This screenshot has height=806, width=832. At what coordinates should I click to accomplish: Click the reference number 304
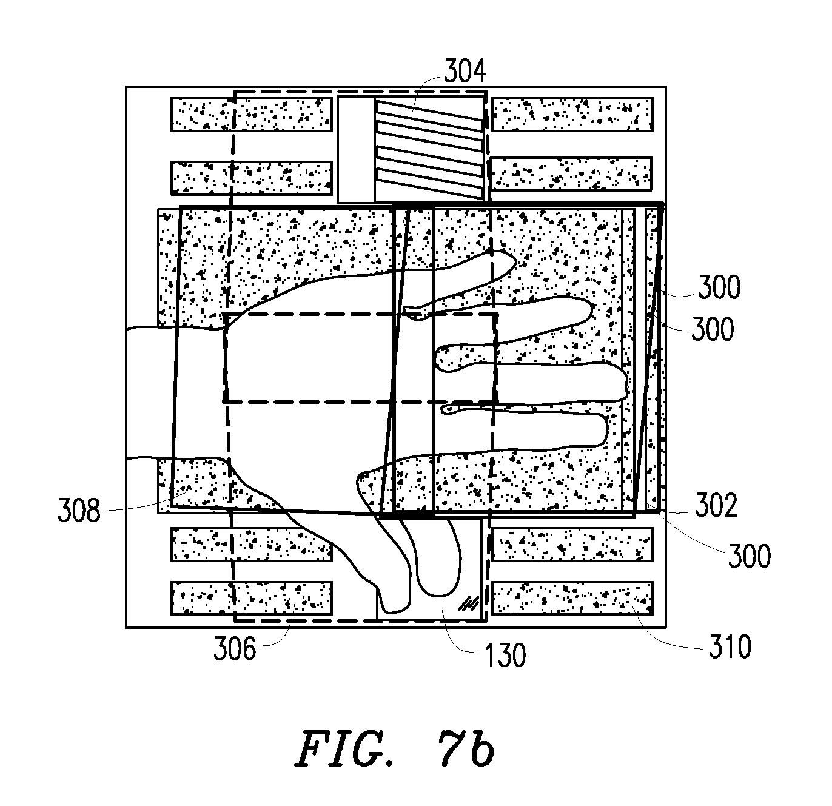[465, 72]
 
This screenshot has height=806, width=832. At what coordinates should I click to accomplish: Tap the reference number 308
[79, 510]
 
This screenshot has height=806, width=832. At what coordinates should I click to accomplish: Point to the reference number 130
[505, 655]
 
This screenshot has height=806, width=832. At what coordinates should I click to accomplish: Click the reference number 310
[730, 646]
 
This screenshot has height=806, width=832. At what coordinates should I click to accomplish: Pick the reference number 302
[716, 505]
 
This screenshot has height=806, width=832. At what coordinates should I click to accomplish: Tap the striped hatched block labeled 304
[430, 150]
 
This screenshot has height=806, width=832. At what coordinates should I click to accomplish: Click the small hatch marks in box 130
[468, 603]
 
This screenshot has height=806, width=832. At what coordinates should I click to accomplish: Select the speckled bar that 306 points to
[252, 598]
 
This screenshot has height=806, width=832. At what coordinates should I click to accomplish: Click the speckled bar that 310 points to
[572, 598]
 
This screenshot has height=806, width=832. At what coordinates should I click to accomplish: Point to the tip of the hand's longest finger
[627, 382]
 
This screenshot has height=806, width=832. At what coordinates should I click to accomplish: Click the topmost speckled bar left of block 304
[252, 114]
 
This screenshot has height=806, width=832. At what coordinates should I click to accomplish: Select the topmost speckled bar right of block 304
[572, 114]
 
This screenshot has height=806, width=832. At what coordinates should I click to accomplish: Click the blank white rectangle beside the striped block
[356, 150]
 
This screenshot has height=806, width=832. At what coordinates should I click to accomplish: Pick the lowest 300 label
[750, 556]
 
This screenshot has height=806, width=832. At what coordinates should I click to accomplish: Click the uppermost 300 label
[719, 287]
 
